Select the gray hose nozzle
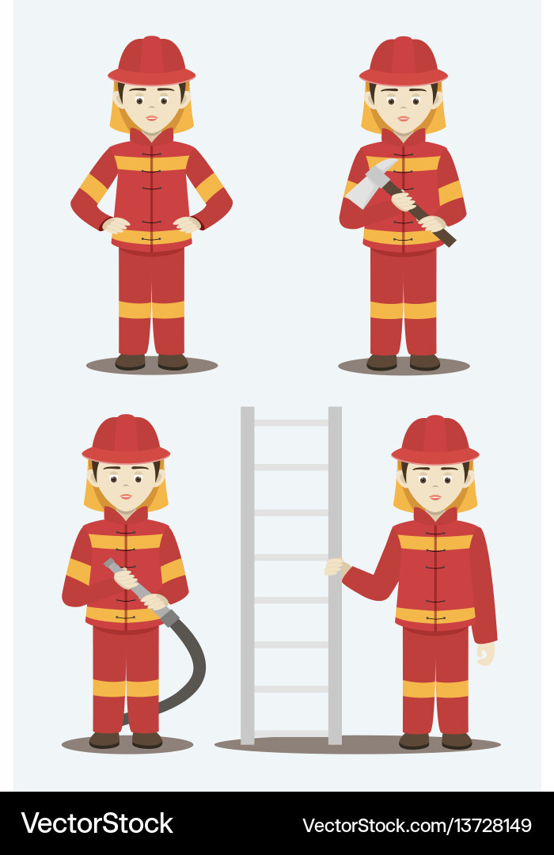pyautogui.click(x=119, y=571)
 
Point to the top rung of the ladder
pyautogui.click(x=290, y=423)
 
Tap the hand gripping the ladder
pyautogui.click(x=336, y=567)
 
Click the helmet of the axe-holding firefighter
pyautogui.click(x=404, y=61)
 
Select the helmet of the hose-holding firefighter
pyautogui.click(x=126, y=439)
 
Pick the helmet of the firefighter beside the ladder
pyautogui.click(x=435, y=440)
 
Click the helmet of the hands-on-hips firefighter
pyautogui.click(x=152, y=61)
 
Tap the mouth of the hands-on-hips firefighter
pyautogui.click(x=152, y=118)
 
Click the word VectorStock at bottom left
pyautogui.click(x=97, y=823)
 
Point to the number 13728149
pyautogui.click(x=490, y=825)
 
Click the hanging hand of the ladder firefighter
pyautogui.click(x=485, y=653)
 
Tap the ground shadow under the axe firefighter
pyautogui.click(x=404, y=367)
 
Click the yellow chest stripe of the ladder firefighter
pyautogui.click(x=435, y=542)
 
